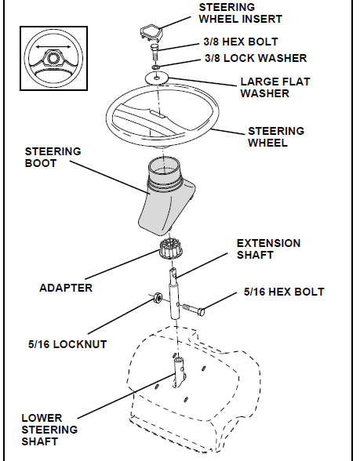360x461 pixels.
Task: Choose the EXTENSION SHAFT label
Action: pos(268,249)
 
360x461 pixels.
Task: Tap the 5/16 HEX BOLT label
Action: pos(283,292)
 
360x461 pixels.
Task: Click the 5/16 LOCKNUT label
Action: pos(67,343)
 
